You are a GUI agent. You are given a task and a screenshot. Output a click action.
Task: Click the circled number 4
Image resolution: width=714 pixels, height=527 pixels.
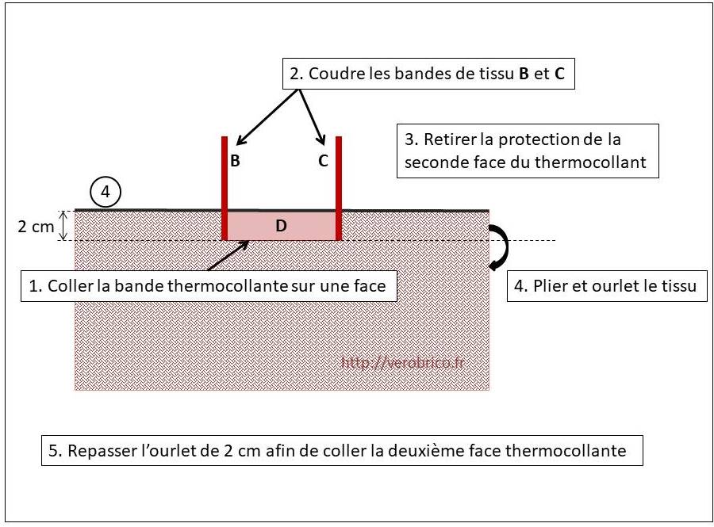point(106,192)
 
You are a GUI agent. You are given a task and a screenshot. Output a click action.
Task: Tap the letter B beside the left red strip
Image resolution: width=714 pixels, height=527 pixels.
point(235,161)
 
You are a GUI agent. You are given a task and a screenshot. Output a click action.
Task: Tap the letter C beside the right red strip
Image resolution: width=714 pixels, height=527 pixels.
point(323,161)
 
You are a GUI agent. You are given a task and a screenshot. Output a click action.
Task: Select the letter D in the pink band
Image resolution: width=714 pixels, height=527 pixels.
point(281,226)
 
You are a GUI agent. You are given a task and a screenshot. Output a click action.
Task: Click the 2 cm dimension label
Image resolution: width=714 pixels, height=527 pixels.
point(36,226)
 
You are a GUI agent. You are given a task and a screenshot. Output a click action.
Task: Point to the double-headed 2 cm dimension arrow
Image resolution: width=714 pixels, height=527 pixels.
point(64,226)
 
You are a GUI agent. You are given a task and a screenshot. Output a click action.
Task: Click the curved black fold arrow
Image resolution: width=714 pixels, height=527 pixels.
point(500,247)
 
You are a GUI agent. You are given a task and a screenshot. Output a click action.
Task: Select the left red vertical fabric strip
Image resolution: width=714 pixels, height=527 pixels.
point(225,189)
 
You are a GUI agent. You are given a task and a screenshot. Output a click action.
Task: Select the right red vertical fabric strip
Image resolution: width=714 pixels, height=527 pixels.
point(338,189)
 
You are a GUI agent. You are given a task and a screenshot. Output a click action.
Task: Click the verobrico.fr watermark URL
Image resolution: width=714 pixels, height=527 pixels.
point(403,362)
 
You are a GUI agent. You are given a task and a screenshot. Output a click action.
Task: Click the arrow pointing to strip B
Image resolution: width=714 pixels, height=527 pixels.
point(268,117)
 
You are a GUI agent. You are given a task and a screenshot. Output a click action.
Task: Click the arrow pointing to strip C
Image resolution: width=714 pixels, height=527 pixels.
point(313,117)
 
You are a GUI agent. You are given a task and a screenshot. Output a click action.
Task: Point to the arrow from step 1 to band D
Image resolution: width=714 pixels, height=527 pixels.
point(228,255)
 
